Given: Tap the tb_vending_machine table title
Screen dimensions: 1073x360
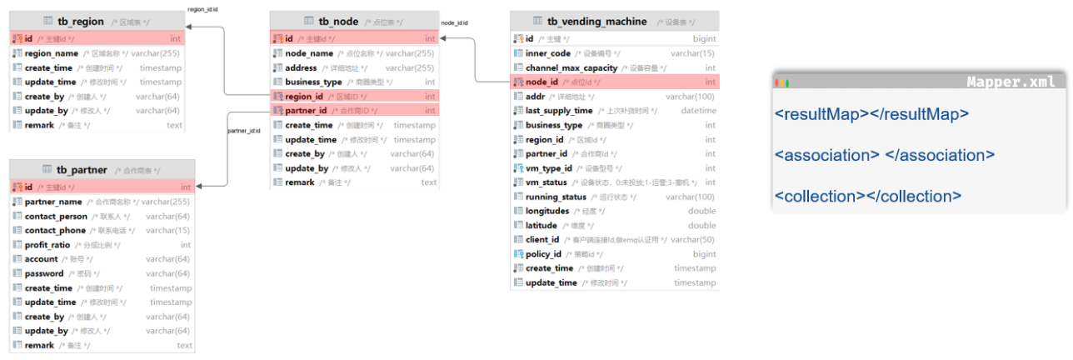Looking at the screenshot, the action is [x=596, y=21].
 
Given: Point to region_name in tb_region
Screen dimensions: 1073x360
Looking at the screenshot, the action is [x=52, y=53].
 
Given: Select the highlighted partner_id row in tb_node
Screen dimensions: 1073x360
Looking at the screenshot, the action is [x=306, y=111].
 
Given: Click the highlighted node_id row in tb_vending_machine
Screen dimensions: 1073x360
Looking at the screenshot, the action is [x=541, y=82].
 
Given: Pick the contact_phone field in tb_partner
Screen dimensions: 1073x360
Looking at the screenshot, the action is [x=55, y=231].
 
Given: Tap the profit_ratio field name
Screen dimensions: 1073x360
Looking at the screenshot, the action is [x=50, y=245].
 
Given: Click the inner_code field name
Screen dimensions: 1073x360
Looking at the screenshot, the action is [x=548, y=53].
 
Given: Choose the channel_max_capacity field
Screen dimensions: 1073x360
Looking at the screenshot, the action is [x=571, y=67].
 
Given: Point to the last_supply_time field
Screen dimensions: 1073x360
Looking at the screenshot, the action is [x=559, y=111].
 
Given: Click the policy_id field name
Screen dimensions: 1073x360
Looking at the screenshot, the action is [x=543, y=254].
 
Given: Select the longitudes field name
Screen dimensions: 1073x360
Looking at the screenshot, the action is [x=547, y=211].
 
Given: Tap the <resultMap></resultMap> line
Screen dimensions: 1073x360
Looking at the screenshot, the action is [x=871, y=114].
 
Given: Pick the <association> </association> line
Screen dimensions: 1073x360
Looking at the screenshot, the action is [x=885, y=155].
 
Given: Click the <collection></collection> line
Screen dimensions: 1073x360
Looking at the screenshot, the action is [x=868, y=197].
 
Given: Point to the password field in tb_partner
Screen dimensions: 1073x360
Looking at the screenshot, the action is [x=44, y=273].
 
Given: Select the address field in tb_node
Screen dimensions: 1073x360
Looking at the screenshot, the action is [x=302, y=67].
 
